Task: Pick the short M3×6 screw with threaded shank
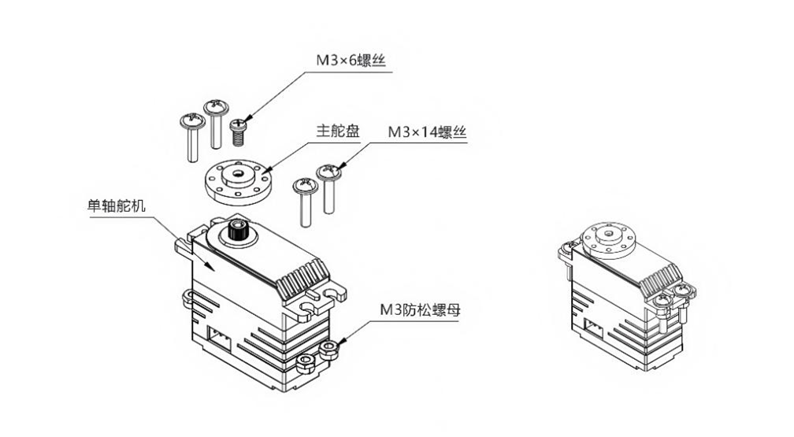[239, 130]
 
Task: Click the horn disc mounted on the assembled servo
[608, 236]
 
